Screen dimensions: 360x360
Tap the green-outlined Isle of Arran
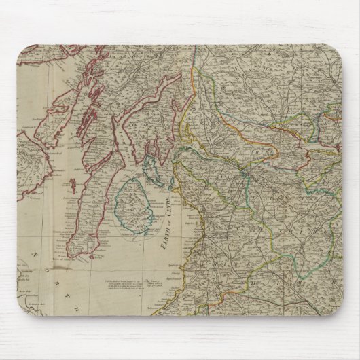[137, 203]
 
